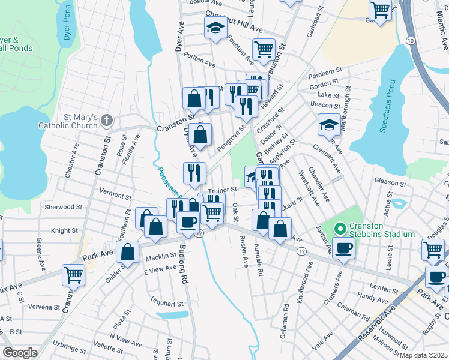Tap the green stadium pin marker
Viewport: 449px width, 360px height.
tap(339, 228)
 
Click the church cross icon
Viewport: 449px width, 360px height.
tap(107, 120)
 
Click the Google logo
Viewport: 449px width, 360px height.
tap(20, 353)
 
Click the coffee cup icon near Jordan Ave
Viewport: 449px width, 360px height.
tap(344, 248)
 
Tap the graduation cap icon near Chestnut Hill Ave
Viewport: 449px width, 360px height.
tap(215, 28)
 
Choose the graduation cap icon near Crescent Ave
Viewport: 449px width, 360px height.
tap(329, 124)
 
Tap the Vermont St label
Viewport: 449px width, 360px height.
tap(115, 196)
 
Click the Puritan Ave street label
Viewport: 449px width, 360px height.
tap(200, 62)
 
